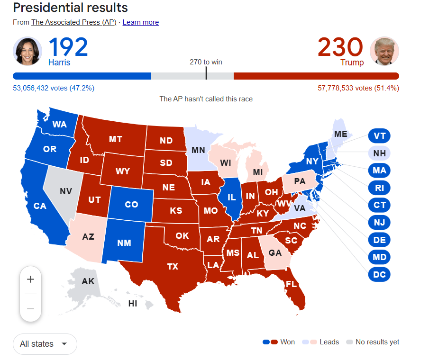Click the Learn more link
point(140,22)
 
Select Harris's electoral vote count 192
point(68,47)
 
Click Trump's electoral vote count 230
point(340,47)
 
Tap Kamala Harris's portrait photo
point(28,51)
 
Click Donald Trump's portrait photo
point(384,51)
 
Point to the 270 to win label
point(206,62)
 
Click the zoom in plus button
point(30,279)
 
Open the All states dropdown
point(45,344)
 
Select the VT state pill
point(379,136)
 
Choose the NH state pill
point(379,153)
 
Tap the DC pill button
point(379,274)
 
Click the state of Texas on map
point(173,266)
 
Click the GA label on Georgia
point(275,253)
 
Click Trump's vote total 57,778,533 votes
point(358,88)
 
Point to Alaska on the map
point(88,281)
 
